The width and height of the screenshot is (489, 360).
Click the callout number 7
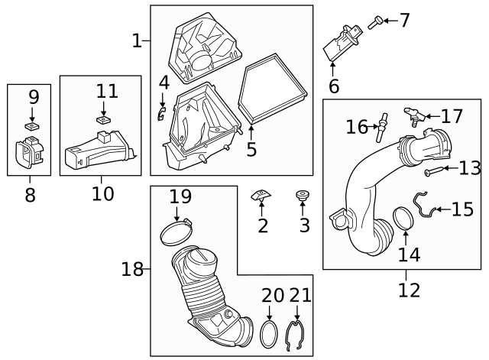(x=404, y=21)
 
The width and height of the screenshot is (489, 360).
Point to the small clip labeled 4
(x=161, y=114)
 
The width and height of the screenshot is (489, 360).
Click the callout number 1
(x=137, y=41)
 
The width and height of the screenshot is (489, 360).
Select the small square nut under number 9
(x=33, y=125)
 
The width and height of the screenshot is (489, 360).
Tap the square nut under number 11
(x=103, y=119)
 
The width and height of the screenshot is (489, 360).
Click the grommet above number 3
(x=303, y=197)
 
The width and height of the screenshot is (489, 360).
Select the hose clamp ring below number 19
(x=177, y=230)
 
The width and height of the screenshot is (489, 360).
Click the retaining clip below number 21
(x=296, y=337)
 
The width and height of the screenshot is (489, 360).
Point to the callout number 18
(x=131, y=268)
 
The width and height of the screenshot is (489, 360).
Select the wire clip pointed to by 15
(x=425, y=203)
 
